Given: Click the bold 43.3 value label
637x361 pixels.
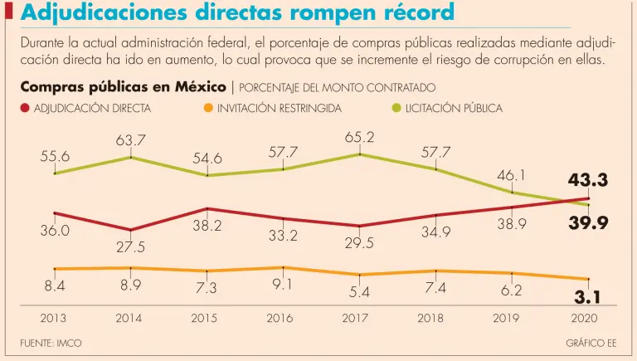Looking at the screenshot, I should point(588,180).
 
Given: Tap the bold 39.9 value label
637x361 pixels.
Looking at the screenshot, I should point(588,222).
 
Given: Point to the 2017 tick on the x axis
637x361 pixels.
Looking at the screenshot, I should point(359,318).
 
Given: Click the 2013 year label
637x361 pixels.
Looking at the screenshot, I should point(55,318).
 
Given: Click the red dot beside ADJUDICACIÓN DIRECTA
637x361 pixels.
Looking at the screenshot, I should point(25,108).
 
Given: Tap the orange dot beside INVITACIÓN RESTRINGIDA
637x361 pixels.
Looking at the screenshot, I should point(207,108).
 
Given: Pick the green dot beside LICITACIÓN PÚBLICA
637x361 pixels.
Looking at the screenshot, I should point(396,108).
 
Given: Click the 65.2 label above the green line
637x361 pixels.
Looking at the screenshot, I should point(359,137).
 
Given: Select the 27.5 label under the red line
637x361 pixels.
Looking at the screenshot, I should point(130,247).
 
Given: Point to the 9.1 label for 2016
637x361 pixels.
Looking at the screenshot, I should point(282,285).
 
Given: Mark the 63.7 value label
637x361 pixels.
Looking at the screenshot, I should point(130,139).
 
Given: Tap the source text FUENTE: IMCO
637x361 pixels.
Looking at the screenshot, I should point(51,343).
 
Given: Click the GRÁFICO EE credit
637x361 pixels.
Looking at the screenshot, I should point(591,343).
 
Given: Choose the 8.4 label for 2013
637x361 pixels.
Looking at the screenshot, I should point(55,286).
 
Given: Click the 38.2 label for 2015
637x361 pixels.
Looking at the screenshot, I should point(207,226).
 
